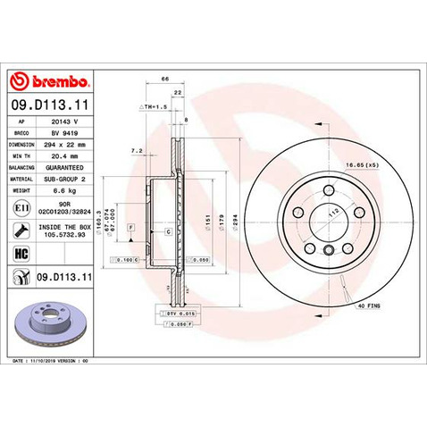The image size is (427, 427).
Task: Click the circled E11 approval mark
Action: (x=21, y=206)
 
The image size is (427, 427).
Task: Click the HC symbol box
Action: (x=21, y=254)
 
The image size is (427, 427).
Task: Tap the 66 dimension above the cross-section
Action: (x=164, y=80)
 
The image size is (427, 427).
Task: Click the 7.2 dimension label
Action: (x=136, y=150)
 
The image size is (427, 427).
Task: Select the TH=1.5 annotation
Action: (x=154, y=105)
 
